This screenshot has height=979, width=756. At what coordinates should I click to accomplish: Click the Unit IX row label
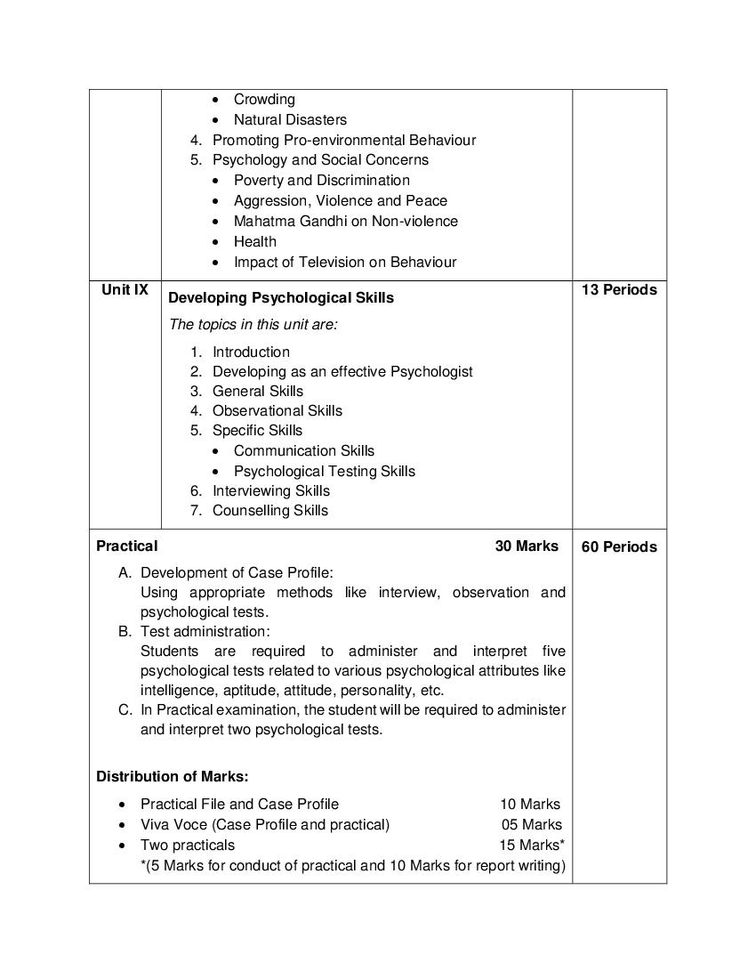[x=125, y=289]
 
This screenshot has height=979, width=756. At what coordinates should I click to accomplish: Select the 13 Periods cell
[x=619, y=289]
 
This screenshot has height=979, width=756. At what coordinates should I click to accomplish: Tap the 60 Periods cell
[x=619, y=546]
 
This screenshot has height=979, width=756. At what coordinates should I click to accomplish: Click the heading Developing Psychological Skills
[x=281, y=297]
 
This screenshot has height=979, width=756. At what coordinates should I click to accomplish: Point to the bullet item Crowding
[x=264, y=100]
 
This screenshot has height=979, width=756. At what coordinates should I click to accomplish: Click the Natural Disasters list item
[x=290, y=119]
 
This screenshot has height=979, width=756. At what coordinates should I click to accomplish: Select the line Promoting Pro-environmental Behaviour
[x=343, y=140]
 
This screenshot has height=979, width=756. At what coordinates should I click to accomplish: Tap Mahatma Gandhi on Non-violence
[x=346, y=221]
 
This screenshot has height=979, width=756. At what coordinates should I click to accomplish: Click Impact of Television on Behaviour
[x=345, y=262]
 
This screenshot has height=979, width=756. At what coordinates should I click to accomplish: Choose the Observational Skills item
[x=277, y=410]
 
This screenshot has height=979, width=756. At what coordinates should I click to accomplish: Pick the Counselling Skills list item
[x=269, y=510]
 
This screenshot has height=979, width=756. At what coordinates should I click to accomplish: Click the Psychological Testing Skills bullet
[x=325, y=471]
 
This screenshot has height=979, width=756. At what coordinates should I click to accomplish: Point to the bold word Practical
[x=127, y=546]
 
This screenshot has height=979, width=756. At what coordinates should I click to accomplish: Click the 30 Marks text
[x=527, y=546]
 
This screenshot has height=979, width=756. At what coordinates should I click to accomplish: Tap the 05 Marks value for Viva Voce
[x=531, y=824]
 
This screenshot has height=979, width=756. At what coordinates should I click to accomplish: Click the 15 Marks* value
[x=531, y=845]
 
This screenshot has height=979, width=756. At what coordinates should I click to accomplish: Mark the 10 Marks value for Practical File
[x=530, y=804]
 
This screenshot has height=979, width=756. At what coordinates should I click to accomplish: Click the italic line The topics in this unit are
[x=253, y=325]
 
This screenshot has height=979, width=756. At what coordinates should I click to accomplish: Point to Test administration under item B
[x=205, y=631]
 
